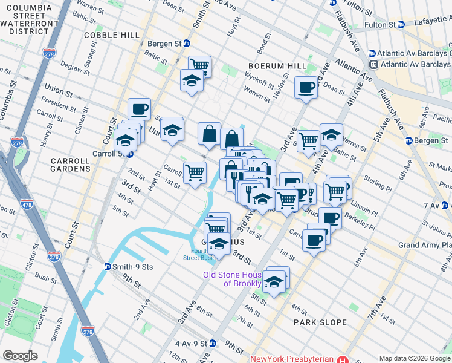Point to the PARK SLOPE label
click(x=320, y=322)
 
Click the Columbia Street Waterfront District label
click(x=28, y=18)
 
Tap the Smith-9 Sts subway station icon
click(x=108, y=266)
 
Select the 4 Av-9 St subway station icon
click(x=213, y=343)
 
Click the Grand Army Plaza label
click(x=424, y=245)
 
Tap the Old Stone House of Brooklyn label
click(x=233, y=279)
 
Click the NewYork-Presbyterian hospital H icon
click(x=344, y=359)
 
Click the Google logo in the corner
click(x=20, y=356)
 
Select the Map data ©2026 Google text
click(x=415, y=358)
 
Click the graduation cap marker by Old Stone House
click(x=274, y=282)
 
